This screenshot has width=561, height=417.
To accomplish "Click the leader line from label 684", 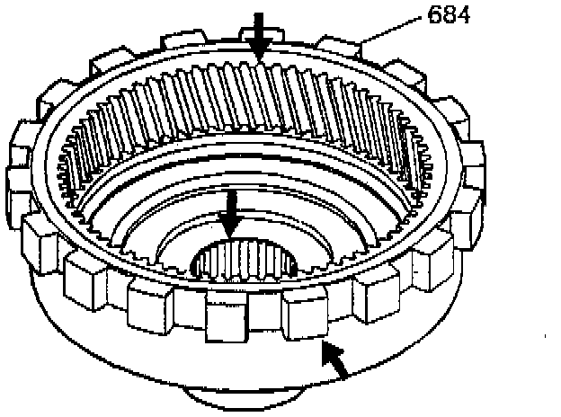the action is coord(395,30).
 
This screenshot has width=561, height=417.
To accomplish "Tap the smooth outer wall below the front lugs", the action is coord(180,359).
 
